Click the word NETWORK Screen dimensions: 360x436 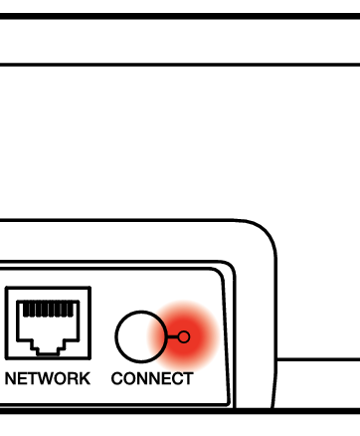tap(48, 378)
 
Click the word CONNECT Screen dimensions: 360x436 tap(152, 378)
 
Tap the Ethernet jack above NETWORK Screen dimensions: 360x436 tap(48, 323)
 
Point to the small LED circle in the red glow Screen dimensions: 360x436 tap(184, 336)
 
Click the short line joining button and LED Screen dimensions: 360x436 tap(173, 336)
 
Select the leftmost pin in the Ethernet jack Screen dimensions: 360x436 tap(26, 310)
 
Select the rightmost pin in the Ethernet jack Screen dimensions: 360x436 tap(71, 310)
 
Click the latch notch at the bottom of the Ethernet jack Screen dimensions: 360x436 tap(48, 352)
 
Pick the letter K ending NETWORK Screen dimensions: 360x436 tap(85, 378)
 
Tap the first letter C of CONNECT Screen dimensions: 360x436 tap(116, 378)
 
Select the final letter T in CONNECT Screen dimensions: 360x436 tap(188, 378)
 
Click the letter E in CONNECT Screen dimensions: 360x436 tap(165, 378)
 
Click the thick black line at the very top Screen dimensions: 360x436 tap(180, 16)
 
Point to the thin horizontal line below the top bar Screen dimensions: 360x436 tap(180, 65)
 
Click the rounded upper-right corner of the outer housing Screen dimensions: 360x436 tap(266, 232)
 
